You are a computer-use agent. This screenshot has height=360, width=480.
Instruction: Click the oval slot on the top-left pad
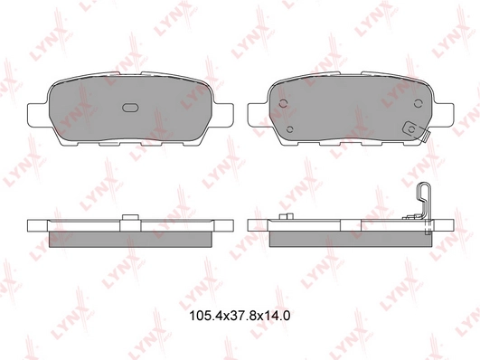coord(131,108)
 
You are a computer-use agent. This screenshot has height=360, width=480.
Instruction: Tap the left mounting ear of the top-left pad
coord(38,115)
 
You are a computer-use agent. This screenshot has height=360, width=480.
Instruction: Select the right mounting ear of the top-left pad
coord(223,115)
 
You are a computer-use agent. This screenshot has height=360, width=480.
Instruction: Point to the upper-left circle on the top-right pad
coord(284,104)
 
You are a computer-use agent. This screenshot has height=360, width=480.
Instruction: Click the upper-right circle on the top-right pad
coord(418,103)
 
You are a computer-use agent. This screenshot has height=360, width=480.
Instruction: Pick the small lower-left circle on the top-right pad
coord(290,129)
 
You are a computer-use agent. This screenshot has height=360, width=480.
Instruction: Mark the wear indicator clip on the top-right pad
coord(416,131)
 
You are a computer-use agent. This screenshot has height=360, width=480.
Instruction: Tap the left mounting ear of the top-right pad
coord(258,115)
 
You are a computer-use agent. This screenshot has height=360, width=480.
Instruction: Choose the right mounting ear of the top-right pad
coord(443,115)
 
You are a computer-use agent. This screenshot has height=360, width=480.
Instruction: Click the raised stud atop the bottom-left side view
coord(131,217)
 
